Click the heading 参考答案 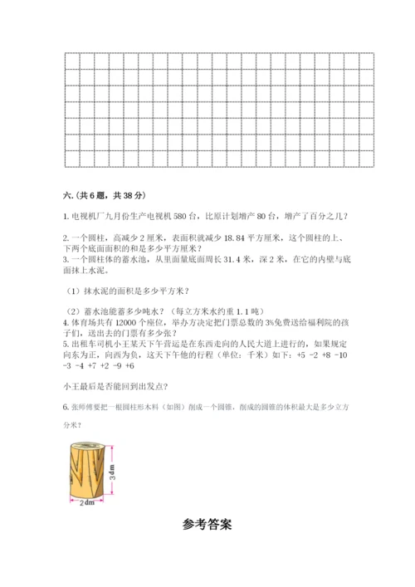(x=207, y=524)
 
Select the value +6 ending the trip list (x=130, y=365)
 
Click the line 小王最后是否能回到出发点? (x=115, y=386)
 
